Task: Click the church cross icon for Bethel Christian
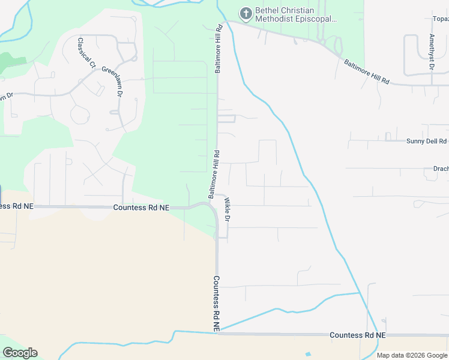click(x=246, y=13)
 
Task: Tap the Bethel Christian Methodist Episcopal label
click(x=296, y=14)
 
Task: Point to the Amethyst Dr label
click(x=432, y=51)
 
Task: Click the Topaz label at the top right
click(x=440, y=19)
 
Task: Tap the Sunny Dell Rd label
click(x=426, y=142)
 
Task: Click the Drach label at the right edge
click(x=441, y=169)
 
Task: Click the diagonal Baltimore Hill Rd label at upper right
click(x=367, y=71)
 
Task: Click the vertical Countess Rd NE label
click(x=216, y=303)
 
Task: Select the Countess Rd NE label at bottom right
click(x=357, y=335)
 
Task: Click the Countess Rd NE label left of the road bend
click(x=140, y=207)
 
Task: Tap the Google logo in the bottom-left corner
click(x=20, y=353)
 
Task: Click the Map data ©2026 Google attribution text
click(x=412, y=355)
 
